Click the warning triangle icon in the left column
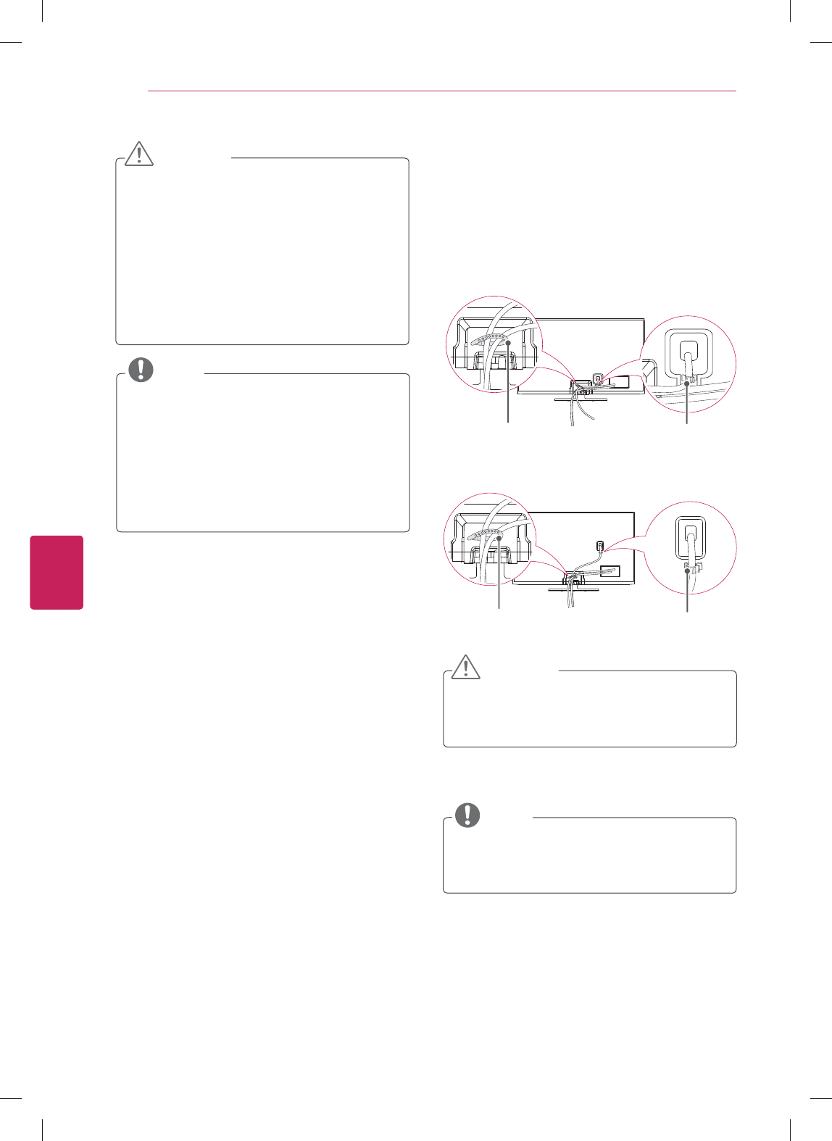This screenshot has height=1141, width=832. click(x=139, y=153)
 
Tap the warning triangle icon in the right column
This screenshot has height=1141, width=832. click(x=465, y=666)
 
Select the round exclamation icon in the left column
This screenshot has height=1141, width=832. click(x=141, y=370)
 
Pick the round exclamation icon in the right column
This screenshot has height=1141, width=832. click(x=467, y=815)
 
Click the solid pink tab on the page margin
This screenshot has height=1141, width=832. click(x=57, y=573)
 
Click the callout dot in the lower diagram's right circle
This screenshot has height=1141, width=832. click(x=687, y=571)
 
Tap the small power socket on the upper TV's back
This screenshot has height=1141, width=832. click(x=597, y=378)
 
